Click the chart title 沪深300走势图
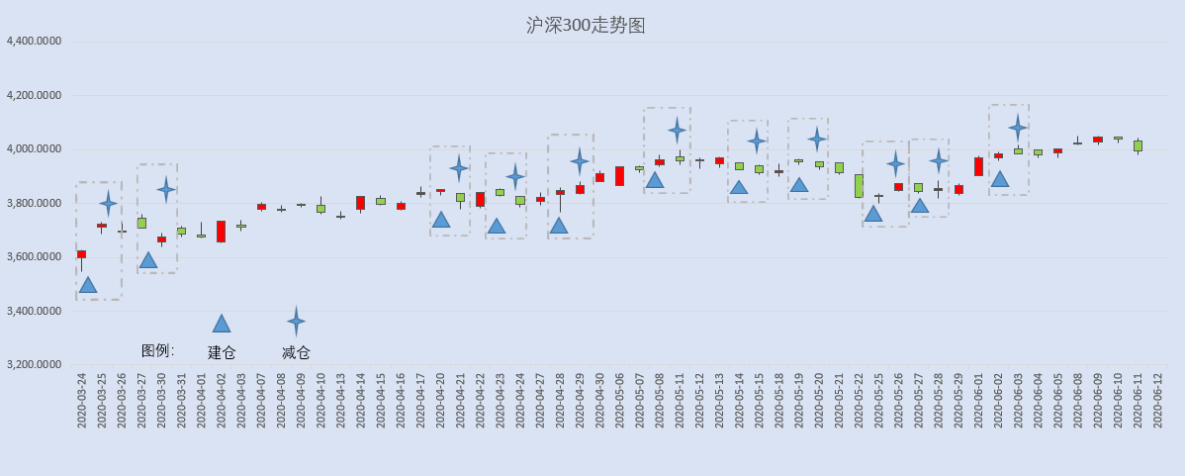tap(586, 26)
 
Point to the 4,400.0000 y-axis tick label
tap(34, 42)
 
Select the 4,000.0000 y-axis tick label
tap(34, 149)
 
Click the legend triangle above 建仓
tap(222, 325)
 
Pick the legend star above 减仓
tap(297, 322)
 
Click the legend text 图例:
tap(158, 350)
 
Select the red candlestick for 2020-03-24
tap(82, 254)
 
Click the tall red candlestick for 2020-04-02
tap(221, 232)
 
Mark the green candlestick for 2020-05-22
tap(859, 186)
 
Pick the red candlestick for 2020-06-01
tap(978, 167)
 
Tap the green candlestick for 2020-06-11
tap(1139, 145)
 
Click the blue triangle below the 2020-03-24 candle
tap(88, 285)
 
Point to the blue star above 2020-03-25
tap(108, 203)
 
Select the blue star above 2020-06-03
tap(1018, 127)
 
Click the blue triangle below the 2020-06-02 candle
tap(1000, 179)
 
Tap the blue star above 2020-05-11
tap(678, 131)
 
